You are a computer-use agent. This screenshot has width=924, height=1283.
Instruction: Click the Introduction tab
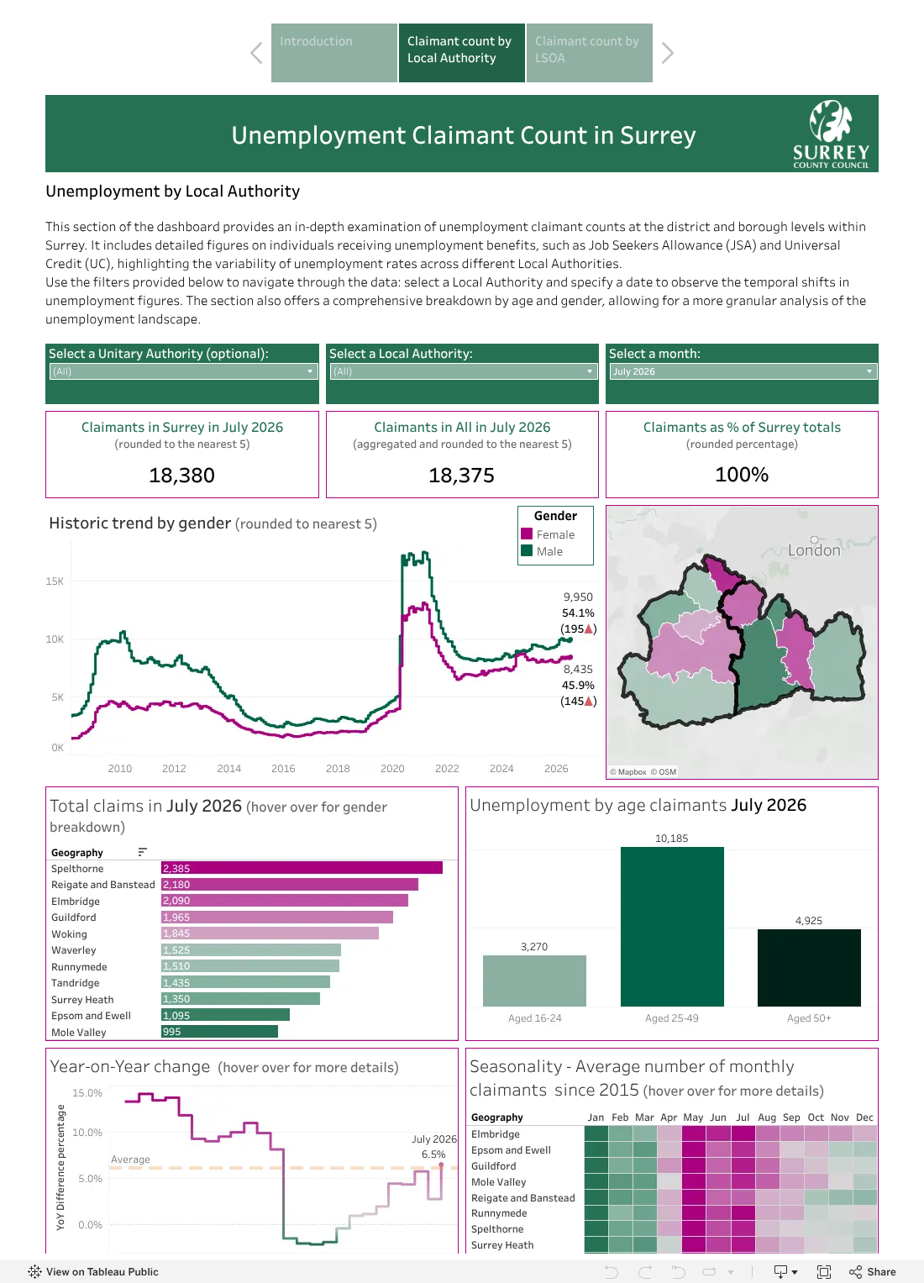tap(333, 53)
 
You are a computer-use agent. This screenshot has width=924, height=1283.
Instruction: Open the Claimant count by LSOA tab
tap(589, 53)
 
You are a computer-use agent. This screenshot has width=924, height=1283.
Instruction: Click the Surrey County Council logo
tap(831, 134)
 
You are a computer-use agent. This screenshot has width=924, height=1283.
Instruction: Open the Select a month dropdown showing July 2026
tap(742, 371)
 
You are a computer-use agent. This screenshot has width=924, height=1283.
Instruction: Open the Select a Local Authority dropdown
tap(462, 371)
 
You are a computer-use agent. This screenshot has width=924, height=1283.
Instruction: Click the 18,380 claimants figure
tap(181, 475)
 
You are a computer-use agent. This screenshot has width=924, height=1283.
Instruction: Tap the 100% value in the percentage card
tap(742, 474)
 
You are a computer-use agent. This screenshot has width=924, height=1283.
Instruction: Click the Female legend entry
tap(548, 534)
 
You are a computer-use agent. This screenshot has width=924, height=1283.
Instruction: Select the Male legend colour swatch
tap(527, 551)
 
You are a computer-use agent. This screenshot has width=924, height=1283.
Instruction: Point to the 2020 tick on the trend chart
tap(392, 769)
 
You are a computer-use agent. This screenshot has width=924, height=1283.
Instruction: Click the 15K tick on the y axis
tap(55, 581)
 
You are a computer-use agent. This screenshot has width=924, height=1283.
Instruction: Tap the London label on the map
tap(813, 550)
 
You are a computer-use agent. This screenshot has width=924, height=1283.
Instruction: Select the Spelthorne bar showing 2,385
tap(302, 868)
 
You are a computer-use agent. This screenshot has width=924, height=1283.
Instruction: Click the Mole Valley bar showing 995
tap(219, 1032)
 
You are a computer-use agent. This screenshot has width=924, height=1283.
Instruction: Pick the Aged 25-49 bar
tap(671, 927)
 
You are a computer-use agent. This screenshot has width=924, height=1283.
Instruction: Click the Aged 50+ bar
tap(808, 968)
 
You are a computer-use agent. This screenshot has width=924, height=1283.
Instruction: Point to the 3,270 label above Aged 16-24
tap(534, 947)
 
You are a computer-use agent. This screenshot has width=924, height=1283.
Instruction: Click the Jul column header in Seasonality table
tap(743, 1117)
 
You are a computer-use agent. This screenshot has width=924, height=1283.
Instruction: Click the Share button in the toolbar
tap(873, 1272)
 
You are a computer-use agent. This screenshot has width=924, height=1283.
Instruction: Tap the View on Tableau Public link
tap(93, 1272)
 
